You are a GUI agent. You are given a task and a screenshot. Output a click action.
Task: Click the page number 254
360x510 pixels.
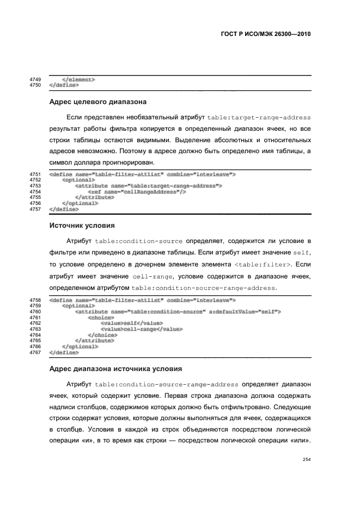[306, 459]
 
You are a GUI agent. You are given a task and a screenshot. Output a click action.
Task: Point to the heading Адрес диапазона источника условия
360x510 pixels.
[115, 368]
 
